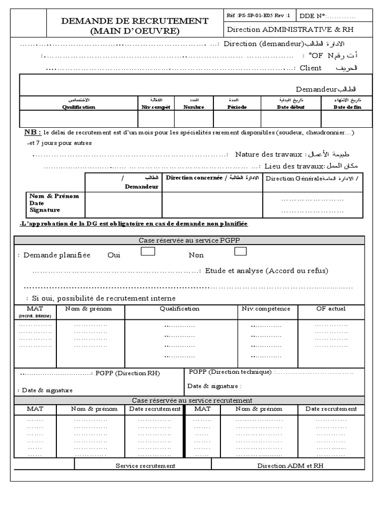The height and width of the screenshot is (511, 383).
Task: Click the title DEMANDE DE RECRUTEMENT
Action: (x=134, y=21)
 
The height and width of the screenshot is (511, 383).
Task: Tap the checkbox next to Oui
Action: (x=148, y=252)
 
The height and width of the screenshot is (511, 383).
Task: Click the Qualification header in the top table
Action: (x=79, y=107)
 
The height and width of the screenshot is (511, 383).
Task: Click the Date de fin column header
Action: (x=347, y=107)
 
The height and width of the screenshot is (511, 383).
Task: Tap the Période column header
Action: (x=237, y=107)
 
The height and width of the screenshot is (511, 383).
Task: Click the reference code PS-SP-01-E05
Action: (x=258, y=15)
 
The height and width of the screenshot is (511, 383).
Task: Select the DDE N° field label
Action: (x=312, y=15)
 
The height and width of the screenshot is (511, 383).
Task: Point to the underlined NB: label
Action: (x=32, y=133)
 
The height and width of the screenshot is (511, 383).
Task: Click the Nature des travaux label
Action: (x=269, y=154)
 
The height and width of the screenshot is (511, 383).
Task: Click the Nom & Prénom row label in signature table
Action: (x=54, y=196)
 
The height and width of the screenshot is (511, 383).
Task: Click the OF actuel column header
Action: (x=331, y=308)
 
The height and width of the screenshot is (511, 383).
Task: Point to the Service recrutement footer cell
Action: (x=145, y=465)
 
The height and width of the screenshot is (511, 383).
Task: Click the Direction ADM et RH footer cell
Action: (x=290, y=465)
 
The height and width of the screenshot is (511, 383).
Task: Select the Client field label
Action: (x=310, y=68)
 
